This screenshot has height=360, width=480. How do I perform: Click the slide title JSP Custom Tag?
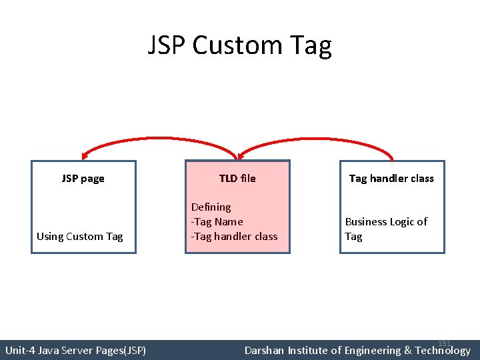[x=239, y=46]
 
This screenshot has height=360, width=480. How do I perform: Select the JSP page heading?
[x=83, y=179]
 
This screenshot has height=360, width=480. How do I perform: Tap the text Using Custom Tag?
[x=79, y=237]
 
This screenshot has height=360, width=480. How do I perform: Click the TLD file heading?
[x=237, y=179]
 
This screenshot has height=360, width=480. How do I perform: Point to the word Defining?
[x=211, y=207]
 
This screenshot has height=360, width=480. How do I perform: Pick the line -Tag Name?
[x=217, y=222]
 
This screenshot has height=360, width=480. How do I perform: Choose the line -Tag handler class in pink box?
[x=234, y=237]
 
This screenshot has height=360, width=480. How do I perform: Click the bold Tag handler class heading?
[x=391, y=179]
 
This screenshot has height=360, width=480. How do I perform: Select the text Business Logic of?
[x=386, y=222]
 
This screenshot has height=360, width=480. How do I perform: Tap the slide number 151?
[x=445, y=343]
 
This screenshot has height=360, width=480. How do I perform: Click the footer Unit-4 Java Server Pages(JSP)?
[x=75, y=350]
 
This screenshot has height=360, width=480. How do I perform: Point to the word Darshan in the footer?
[x=265, y=350]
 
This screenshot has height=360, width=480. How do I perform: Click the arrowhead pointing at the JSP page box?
[x=83, y=155]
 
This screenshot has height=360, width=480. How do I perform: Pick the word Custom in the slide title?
[x=230, y=46]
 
